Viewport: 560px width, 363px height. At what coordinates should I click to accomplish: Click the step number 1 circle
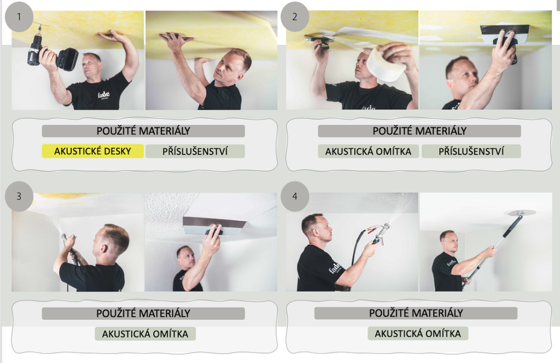19,17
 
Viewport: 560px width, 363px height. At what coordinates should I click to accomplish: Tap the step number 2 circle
295,17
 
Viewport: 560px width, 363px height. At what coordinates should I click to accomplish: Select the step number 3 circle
19,196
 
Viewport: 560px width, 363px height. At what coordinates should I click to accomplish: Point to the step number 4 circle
295,196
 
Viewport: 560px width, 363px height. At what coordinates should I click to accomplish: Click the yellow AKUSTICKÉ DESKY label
93,151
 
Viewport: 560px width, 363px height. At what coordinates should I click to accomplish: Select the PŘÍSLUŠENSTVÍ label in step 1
195,151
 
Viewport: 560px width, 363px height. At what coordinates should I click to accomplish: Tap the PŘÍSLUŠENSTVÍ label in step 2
471,151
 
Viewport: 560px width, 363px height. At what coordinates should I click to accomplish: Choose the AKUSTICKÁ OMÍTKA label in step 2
368,151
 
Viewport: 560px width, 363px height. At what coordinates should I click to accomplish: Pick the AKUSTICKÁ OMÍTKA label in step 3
145,333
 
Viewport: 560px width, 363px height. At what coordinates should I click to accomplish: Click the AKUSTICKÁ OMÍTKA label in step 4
418,333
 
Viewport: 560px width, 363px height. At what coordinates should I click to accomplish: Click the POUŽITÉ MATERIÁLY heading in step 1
143,131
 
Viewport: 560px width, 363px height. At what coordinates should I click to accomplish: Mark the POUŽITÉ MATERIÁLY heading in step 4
416,313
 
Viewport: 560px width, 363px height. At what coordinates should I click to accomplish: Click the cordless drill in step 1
52,54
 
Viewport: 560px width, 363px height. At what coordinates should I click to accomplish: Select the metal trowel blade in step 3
214,226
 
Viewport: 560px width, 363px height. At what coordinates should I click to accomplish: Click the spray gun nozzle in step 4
386,228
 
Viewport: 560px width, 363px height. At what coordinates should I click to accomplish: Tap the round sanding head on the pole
521,212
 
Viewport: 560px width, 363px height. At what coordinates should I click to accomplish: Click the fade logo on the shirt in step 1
103,95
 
